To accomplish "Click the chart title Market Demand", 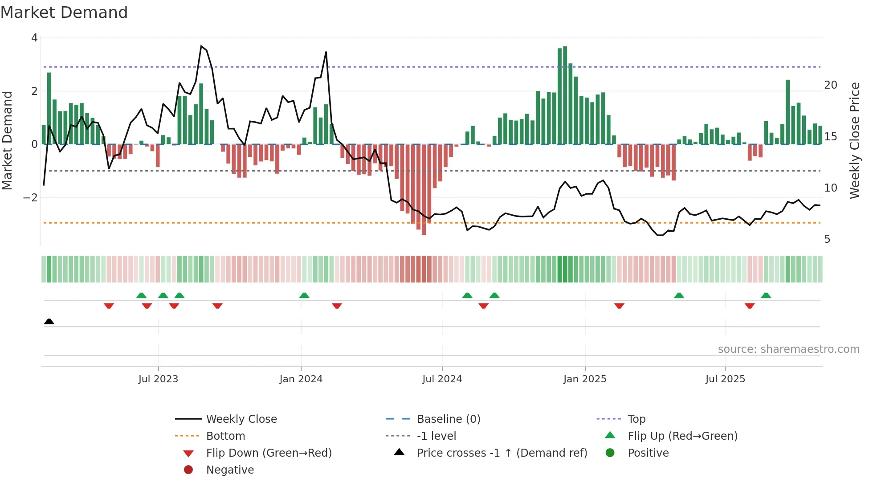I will (64, 12).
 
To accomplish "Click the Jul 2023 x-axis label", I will (158, 379).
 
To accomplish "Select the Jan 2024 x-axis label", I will (301, 379).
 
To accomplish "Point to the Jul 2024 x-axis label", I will (442, 379).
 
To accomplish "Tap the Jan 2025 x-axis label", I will (585, 379).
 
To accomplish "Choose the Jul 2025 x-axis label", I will (725, 379).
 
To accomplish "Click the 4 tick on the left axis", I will (34, 38).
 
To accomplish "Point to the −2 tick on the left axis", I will (31, 197).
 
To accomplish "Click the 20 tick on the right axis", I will (831, 85).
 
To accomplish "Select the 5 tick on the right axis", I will (827, 239).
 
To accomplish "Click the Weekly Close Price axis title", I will (854, 140).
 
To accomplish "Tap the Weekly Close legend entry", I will (241, 419).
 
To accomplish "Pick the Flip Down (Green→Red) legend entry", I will (269, 453).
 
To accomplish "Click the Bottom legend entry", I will (225, 436).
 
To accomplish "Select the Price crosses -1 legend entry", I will (502, 453).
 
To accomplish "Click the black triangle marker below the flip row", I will (49, 322).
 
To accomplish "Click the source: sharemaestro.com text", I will (788, 349).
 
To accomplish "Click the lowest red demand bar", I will (424, 189).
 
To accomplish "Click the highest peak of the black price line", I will (201, 46).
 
